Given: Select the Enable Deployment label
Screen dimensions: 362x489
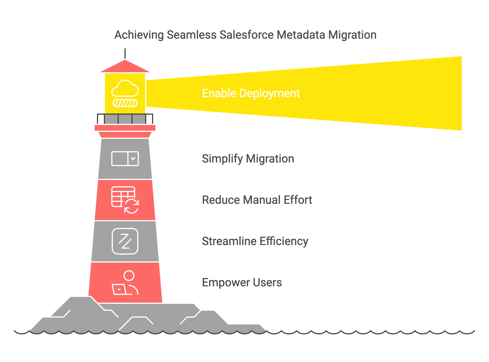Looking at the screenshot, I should pos(251,93).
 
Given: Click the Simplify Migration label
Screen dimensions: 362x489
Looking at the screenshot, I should pos(248,159).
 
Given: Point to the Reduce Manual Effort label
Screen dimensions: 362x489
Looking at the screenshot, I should pos(257,200).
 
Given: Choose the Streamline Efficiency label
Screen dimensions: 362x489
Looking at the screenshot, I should pos(255,241).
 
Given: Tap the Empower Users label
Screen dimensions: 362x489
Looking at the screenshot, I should pos(242,283).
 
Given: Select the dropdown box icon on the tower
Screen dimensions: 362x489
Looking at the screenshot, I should pos(125,159).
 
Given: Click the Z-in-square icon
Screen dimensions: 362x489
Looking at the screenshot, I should pos(125,241).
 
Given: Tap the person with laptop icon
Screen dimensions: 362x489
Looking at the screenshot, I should pos(125,283).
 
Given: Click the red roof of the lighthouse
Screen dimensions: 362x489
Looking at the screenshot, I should pos(125,67).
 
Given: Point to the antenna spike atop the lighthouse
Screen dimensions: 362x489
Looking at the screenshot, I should pos(125,53).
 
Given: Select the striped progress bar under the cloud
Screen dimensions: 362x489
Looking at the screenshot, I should pos(125,103).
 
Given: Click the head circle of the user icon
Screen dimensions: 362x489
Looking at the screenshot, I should pos(129,275).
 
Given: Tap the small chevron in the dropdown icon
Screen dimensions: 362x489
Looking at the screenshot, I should pos(133,159).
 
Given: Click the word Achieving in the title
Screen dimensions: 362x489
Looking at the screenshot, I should pos(139,35).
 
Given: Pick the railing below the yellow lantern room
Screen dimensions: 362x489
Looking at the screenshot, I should pos(125,119).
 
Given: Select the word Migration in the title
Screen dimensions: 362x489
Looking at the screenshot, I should pos(352,35).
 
